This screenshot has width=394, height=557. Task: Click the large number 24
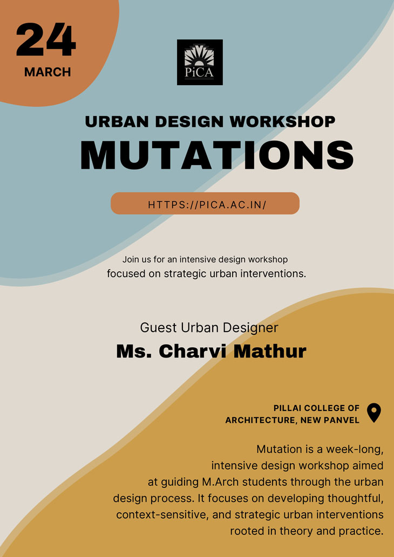click(x=46, y=39)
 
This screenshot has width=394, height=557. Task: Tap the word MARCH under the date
click(x=47, y=72)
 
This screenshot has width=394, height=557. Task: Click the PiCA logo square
click(x=200, y=62)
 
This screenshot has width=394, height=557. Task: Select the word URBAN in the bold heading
click(x=117, y=122)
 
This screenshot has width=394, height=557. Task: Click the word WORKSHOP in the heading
click(x=283, y=122)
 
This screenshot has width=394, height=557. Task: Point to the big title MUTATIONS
click(x=217, y=155)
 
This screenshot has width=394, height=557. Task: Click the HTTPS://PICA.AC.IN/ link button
click(x=205, y=203)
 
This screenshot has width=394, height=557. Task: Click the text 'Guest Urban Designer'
click(x=209, y=327)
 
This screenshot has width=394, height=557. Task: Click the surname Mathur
click(x=270, y=352)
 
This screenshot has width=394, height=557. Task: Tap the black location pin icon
click(x=373, y=412)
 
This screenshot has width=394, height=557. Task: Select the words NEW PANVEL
click(x=330, y=420)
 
